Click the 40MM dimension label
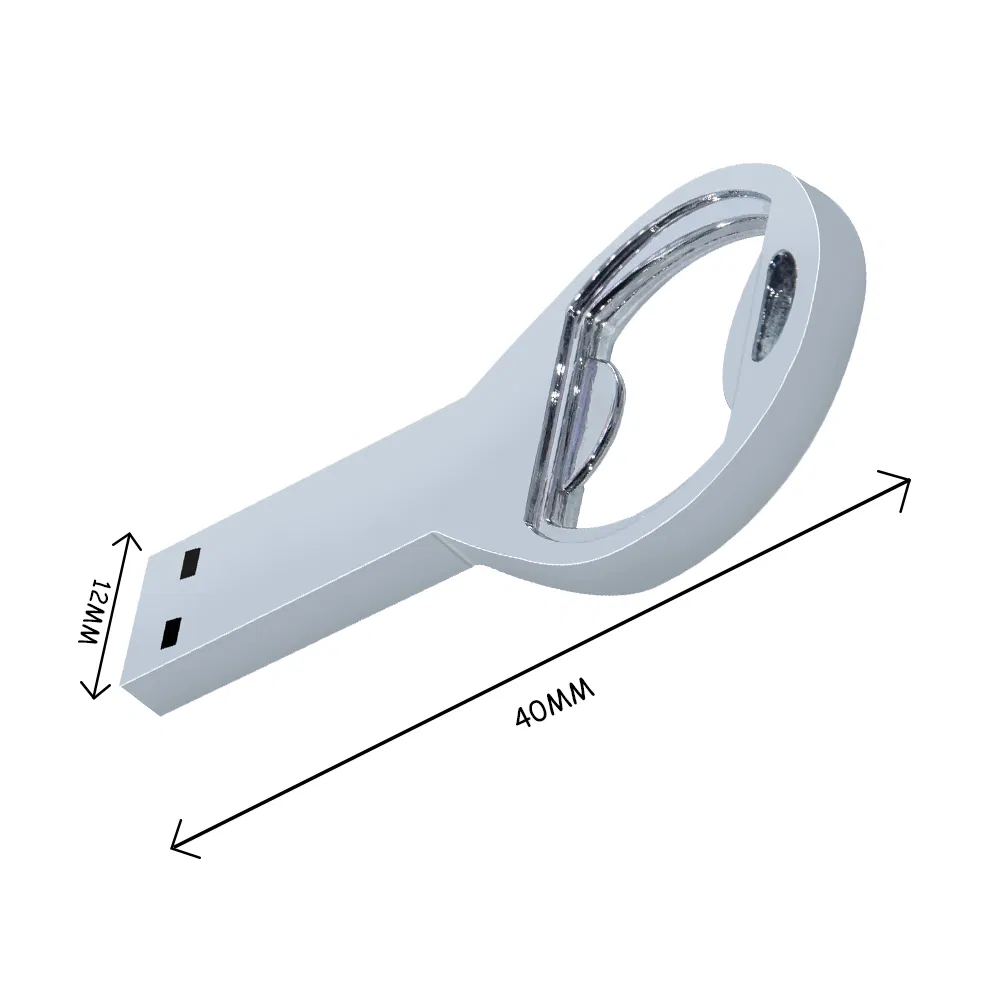tap(556, 702)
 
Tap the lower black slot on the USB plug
tap(170, 630)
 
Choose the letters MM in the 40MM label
tap(575, 693)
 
